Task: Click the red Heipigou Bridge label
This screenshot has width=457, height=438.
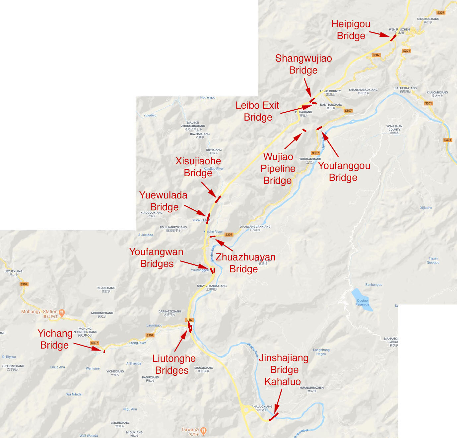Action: tap(351, 30)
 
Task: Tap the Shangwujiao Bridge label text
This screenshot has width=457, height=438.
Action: tap(303, 64)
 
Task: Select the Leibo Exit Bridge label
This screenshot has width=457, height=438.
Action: tap(258, 111)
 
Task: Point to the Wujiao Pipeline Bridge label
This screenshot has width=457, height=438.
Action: tap(278, 169)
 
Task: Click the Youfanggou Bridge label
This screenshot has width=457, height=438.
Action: tap(344, 172)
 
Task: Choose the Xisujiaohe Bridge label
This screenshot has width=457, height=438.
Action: tap(198, 167)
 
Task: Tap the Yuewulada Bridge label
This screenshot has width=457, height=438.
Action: tap(163, 201)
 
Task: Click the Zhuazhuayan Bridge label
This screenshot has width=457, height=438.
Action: tap(245, 263)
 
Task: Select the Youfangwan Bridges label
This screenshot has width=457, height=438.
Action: tap(157, 258)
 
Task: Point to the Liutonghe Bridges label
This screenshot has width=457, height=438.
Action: tap(173, 364)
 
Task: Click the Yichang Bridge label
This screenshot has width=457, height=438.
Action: tap(55, 339)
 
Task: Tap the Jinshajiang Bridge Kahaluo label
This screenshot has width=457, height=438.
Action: tap(284, 370)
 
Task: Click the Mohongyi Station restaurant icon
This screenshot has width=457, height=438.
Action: tap(62, 312)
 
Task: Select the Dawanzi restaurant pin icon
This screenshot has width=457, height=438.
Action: tap(203, 431)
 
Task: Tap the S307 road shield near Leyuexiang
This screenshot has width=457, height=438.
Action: tap(24, 284)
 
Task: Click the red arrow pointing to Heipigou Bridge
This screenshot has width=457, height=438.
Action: tap(379, 34)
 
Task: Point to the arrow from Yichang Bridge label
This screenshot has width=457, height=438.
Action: tap(87, 347)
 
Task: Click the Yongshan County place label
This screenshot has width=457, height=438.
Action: tap(394, 130)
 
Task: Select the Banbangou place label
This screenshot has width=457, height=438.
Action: tap(374, 285)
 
